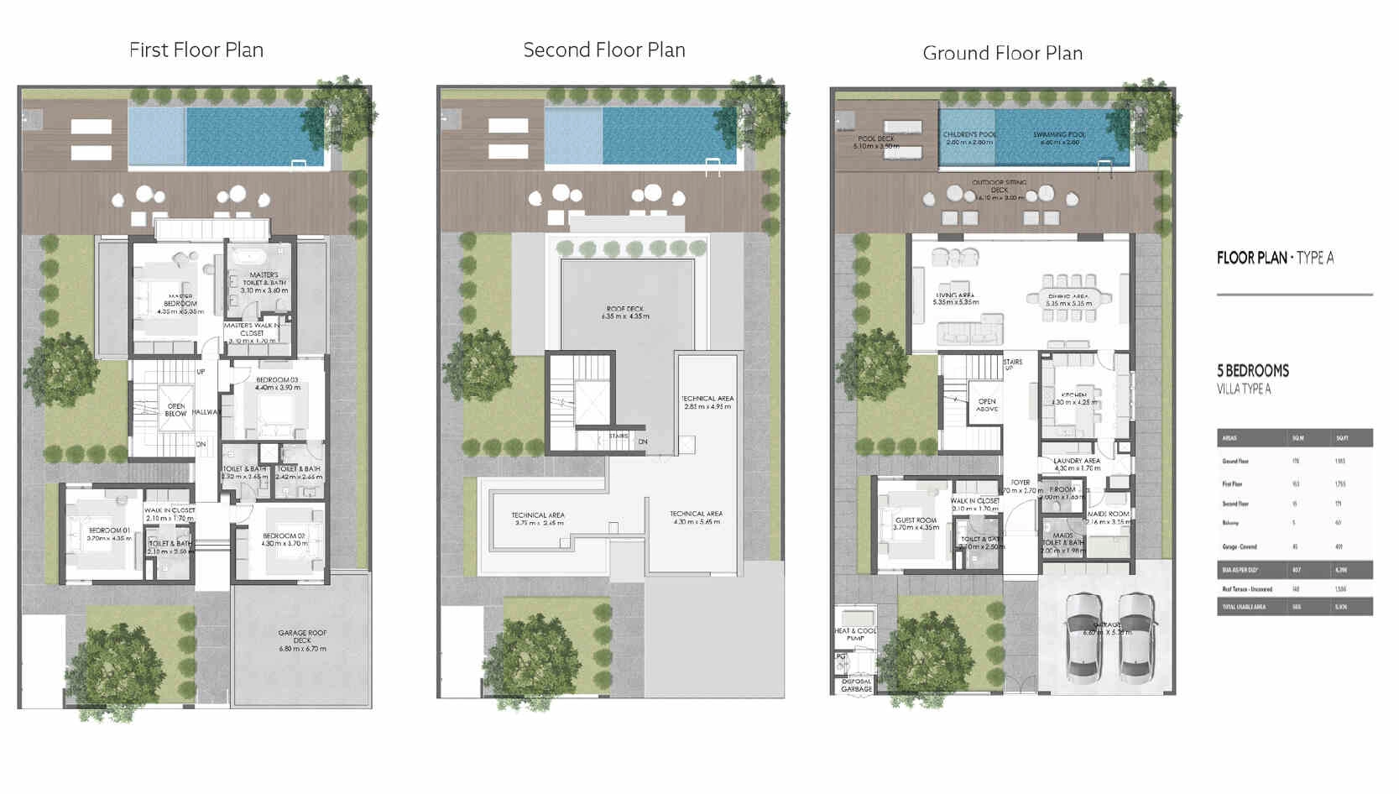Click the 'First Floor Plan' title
pos(196,50)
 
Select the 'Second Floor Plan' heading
pos(604,50)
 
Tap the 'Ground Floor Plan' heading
pos(1002,54)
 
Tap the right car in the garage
pos(1139,637)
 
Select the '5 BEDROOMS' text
pos(1253,371)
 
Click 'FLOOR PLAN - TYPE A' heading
pos(1275,258)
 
